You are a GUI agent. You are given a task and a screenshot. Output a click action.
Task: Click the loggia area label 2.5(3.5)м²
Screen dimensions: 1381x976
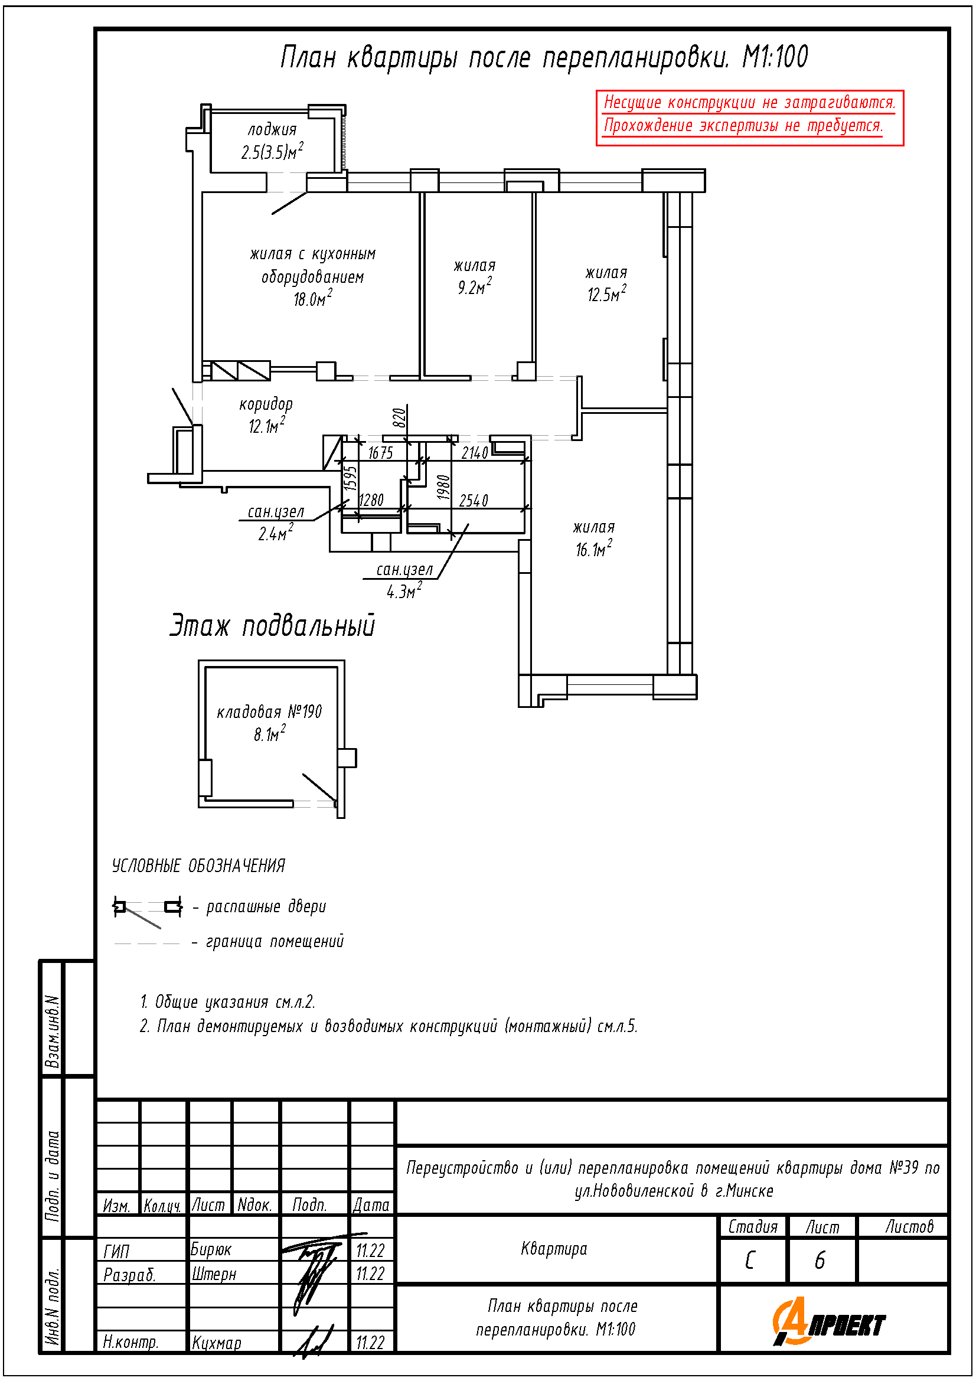[x=272, y=151]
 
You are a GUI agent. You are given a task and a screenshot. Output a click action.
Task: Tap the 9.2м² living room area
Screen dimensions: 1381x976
[x=474, y=286]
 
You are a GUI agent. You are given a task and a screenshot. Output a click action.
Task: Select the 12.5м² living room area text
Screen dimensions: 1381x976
[x=606, y=293]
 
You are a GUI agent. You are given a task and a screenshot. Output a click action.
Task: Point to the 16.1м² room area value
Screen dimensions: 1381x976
[x=593, y=549]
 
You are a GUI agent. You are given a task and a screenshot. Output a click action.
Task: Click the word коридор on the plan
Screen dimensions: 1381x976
[x=266, y=404]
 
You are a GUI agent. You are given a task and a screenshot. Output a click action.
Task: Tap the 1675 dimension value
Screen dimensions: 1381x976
[x=380, y=453]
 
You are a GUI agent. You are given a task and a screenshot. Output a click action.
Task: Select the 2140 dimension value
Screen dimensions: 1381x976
[x=475, y=453]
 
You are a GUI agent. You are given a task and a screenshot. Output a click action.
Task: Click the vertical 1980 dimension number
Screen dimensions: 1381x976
[x=444, y=488]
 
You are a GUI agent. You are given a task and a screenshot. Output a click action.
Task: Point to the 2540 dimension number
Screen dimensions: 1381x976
[x=474, y=501]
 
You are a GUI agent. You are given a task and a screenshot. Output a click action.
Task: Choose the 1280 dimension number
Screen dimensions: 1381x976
[x=370, y=500]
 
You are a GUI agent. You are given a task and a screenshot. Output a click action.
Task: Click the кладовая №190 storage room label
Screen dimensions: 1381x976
[x=269, y=712]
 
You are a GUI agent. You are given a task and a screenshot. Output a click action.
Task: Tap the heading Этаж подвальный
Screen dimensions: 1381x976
[x=272, y=625]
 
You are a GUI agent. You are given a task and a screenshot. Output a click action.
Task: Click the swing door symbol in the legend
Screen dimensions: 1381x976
[x=148, y=908]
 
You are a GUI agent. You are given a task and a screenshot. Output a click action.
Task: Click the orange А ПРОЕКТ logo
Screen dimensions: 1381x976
[x=828, y=1323]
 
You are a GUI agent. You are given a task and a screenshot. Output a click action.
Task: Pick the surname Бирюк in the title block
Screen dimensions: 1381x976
[x=211, y=1250]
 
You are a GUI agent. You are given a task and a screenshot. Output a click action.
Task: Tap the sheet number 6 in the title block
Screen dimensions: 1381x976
[x=820, y=1261]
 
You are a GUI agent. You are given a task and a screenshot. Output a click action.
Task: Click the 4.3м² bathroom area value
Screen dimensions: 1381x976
[x=403, y=592]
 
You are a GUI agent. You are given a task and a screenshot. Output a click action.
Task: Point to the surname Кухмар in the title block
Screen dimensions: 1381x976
[x=217, y=1343]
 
